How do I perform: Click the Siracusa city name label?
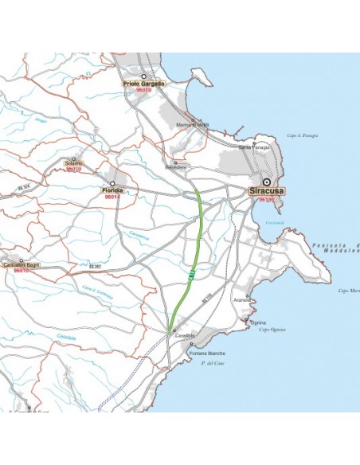coord(267,192)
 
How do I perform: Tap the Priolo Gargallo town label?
coord(143,84)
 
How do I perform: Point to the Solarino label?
coord(73,162)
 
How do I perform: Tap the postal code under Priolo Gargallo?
coord(143,92)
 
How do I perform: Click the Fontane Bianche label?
coord(207,353)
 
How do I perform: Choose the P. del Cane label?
coord(212,363)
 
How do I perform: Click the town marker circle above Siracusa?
coord(266,182)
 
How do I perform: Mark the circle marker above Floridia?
coord(112,183)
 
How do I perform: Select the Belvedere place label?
coord(175,167)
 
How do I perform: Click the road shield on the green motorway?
coord(192,275)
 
